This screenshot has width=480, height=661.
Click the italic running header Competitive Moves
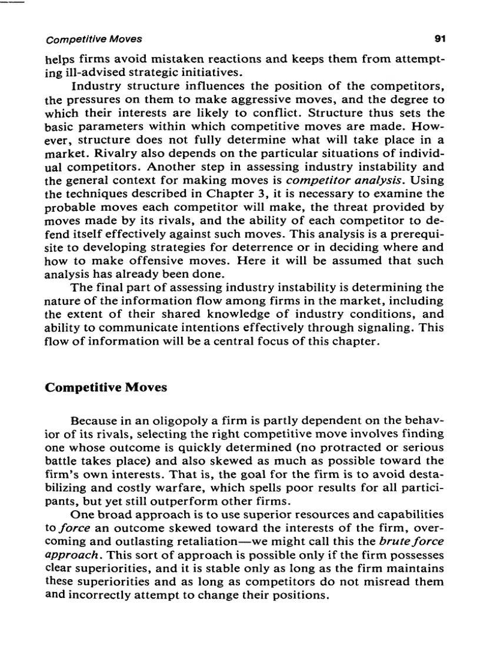point(94,40)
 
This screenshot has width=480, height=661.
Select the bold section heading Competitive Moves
point(106,387)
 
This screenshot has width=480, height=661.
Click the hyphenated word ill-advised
point(92,73)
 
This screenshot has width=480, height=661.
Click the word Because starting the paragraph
point(93,422)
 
